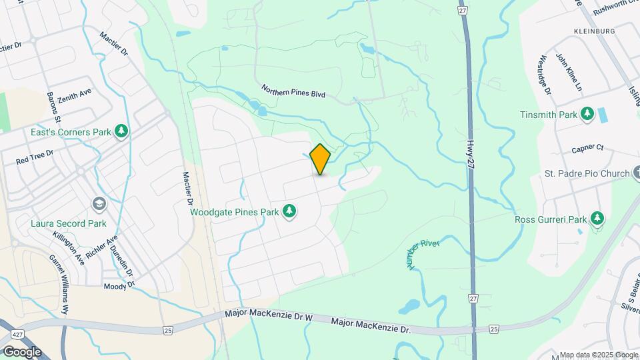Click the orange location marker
[x=321, y=159]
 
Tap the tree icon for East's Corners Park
[x=121, y=131]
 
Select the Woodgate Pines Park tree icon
[x=289, y=212]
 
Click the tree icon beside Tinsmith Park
[x=587, y=115]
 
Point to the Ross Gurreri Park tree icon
[x=597, y=219]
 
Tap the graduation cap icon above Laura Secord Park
[x=99, y=203]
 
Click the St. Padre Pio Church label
[x=587, y=173]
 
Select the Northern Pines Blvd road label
[x=293, y=91]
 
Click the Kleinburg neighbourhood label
[x=593, y=31]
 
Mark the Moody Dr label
[x=119, y=285]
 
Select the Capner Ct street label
[x=587, y=147]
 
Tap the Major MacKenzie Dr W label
[x=269, y=313]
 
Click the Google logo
[x=21, y=351]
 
